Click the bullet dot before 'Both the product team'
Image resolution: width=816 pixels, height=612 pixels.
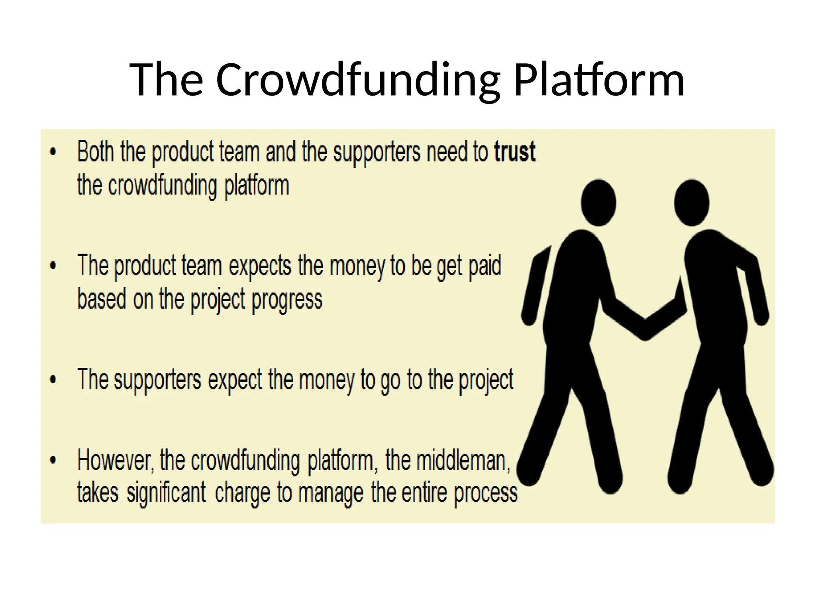(53, 151)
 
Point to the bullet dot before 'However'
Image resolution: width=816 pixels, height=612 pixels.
(53, 460)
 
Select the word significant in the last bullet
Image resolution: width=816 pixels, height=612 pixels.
(166, 493)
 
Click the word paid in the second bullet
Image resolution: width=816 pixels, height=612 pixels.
(484, 266)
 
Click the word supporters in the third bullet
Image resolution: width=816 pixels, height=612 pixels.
(158, 380)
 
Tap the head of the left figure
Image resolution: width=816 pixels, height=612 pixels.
(598, 202)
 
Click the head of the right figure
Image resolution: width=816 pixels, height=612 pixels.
(691, 202)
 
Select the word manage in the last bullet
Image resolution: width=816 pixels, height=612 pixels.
(331, 493)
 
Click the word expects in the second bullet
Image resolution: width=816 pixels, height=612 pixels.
(260, 266)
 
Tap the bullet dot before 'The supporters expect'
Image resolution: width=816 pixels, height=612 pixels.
(53, 379)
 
